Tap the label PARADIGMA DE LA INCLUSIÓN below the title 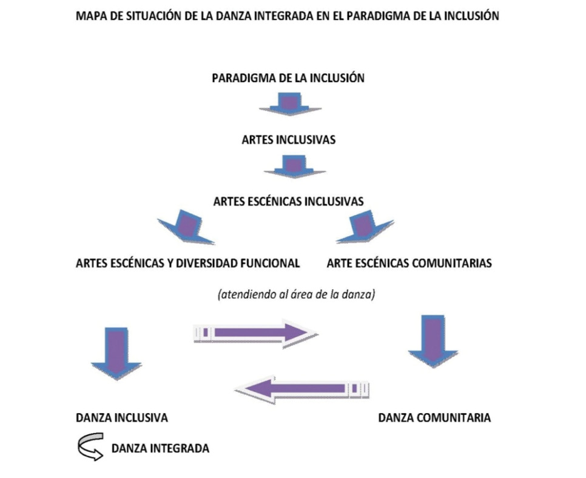coord(288,78)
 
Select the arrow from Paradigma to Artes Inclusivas coord(291,104)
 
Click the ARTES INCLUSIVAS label coord(289,140)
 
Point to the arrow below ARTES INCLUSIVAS coord(294,166)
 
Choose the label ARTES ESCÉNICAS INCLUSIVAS coord(289,202)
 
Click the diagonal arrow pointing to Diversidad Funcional coord(186,227)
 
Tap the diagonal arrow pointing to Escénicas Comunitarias coord(365,227)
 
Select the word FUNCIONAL coord(270,263)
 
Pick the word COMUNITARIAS coord(452,263)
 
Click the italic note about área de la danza coord(297,295)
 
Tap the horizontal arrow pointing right coord(256,333)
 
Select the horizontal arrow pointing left coord(302,389)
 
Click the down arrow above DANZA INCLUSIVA coord(116,353)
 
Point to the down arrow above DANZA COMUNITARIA coord(433,341)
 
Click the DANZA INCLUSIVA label coord(122,418)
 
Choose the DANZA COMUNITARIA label coord(434,418)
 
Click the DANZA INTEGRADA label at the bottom coord(160,448)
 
